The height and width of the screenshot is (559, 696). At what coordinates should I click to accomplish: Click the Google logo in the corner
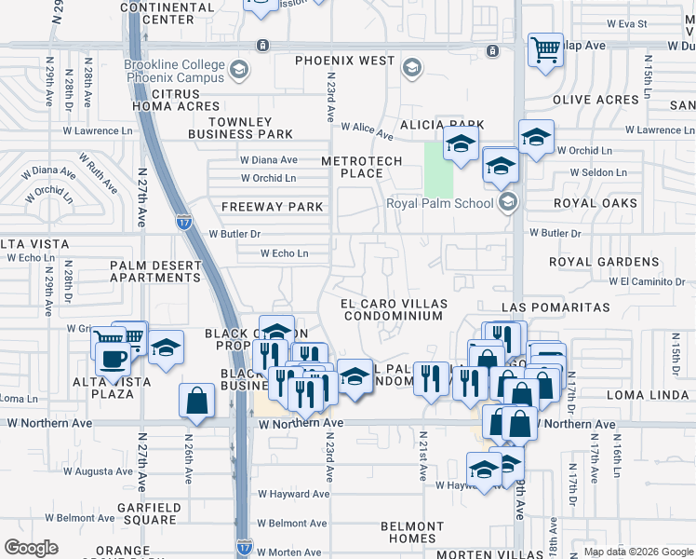pos(32,548)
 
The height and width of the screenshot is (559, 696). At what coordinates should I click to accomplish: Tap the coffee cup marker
pos(114,360)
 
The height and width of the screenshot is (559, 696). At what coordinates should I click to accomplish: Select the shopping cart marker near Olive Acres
pos(545,50)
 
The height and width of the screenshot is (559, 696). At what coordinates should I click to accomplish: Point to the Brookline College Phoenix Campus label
pos(175,71)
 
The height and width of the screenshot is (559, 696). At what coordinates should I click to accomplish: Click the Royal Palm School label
pos(443,202)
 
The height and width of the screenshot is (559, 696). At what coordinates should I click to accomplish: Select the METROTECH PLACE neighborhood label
pos(361,167)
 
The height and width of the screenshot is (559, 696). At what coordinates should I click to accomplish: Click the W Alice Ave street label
pos(368,127)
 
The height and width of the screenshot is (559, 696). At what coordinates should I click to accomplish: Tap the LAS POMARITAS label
pos(555,307)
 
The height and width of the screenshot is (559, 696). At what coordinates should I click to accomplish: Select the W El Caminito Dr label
pos(647,280)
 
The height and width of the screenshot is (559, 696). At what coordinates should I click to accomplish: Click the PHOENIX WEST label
pos(345,61)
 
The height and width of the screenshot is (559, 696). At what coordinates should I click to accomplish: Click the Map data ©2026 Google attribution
pos(638,552)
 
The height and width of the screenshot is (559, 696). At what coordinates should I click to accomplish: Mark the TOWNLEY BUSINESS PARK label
pos(240,128)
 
